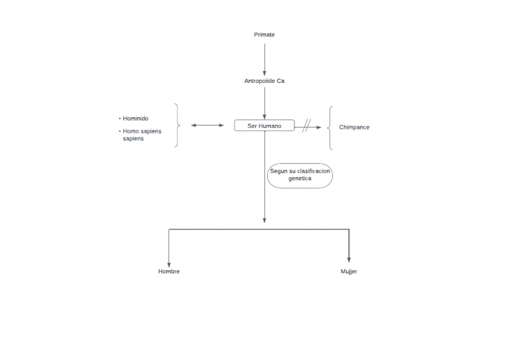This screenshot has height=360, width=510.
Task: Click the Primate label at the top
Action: pos(264,34)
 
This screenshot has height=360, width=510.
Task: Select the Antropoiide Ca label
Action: pos(264,81)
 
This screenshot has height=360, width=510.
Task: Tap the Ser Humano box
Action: pos(264,126)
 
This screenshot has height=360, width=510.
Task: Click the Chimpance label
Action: pos(354,127)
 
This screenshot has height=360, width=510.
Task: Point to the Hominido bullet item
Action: pos(135,119)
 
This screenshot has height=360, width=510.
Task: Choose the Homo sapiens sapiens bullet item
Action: pos(142,134)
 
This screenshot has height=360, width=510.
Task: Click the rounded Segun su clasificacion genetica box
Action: pos(300,175)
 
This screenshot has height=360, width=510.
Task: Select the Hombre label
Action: pos(169,271)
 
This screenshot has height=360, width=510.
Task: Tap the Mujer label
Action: pos(349,271)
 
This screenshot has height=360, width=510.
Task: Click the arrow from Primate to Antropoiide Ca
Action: pos(264,57)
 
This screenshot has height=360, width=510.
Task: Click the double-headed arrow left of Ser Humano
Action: pos(208,126)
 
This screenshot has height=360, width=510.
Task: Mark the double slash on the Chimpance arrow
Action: pos(306,126)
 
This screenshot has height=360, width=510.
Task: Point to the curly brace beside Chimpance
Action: pos(330,127)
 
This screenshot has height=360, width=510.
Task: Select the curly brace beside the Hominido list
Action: pos(177,126)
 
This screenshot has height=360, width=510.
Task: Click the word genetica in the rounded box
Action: pos(300,179)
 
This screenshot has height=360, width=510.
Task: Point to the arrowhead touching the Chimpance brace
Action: pos(319,127)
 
